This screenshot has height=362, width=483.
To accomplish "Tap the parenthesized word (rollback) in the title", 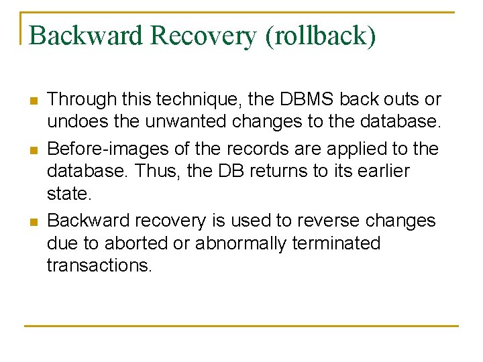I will click(x=321, y=36).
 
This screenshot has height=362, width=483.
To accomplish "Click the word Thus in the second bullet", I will click(x=157, y=171).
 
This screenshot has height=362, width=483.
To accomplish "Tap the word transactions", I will click(x=99, y=265).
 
